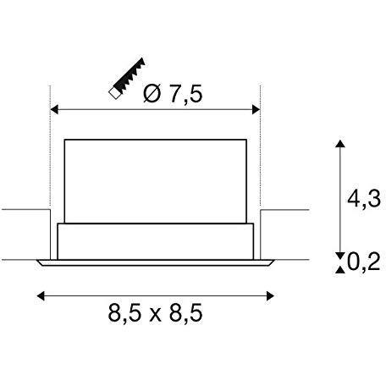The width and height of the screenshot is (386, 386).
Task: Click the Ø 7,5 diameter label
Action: tap(173, 93)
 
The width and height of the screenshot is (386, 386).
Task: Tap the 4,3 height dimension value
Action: tap(364, 199)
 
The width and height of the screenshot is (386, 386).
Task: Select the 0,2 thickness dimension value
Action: tap(364, 262)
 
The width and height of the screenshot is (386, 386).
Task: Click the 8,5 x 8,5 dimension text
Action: tap(155, 312)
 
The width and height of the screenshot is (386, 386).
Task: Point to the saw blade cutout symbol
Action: tap(127, 78)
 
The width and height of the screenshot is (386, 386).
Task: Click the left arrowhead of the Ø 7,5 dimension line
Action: tap(54, 109)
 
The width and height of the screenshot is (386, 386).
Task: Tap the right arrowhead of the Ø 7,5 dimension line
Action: tap(256, 109)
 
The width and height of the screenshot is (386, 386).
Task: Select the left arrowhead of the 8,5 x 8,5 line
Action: tap(41, 296)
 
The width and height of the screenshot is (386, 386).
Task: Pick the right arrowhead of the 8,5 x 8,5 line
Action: tap(270, 296)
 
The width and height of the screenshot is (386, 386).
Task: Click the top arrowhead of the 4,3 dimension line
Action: tap(340, 143)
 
